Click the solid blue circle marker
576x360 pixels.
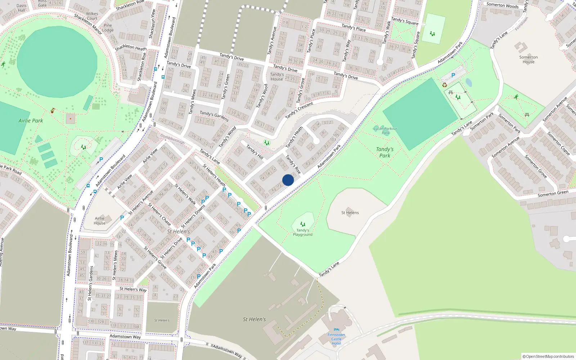[288, 180]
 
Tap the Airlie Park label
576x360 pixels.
[31, 121]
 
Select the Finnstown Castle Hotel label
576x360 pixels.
[336, 339]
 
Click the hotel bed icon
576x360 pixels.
[337, 329]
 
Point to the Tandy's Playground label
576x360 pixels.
[302, 233]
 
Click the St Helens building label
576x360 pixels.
[350, 213]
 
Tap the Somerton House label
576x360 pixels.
[528, 59]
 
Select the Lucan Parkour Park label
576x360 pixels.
[385, 130]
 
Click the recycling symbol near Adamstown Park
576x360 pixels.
[445, 85]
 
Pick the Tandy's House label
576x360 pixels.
[277, 77]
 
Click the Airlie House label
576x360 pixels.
[100, 221]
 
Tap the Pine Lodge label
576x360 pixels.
[108, 28]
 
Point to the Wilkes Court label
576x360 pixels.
[92, 16]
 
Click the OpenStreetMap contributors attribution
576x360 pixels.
[548, 356]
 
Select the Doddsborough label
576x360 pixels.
[172, 139]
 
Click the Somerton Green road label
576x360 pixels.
[553, 194]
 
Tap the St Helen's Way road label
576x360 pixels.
[133, 289]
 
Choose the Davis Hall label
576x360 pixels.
[22, 8]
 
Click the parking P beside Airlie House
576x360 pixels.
[122, 218]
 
